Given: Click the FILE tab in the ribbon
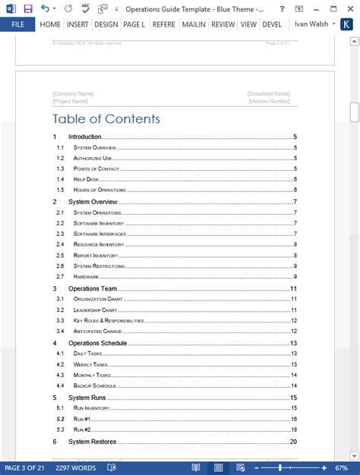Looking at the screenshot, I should (x=17, y=24).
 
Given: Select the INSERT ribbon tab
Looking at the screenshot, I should (x=77, y=24).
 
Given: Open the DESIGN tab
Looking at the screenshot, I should (x=106, y=24).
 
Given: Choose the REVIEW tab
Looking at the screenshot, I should (x=223, y=24).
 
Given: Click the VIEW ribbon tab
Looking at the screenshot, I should (x=248, y=24).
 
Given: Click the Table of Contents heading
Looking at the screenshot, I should (x=106, y=118).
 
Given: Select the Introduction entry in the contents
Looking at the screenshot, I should (x=84, y=137).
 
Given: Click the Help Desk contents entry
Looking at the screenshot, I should (x=89, y=179).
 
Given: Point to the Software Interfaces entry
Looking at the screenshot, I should (x=99, y=234).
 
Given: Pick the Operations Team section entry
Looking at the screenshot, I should (x=93, y=289).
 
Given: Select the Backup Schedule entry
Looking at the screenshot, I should (x=95, y=386).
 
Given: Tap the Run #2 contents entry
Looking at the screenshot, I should (x=82, y=429).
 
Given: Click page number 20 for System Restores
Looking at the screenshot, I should (x=293, y=442).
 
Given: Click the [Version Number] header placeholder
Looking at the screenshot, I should (x=269, y=100).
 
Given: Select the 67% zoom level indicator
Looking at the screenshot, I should (x=341, y=468).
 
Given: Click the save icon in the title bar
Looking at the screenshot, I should (x=28, y=8).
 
